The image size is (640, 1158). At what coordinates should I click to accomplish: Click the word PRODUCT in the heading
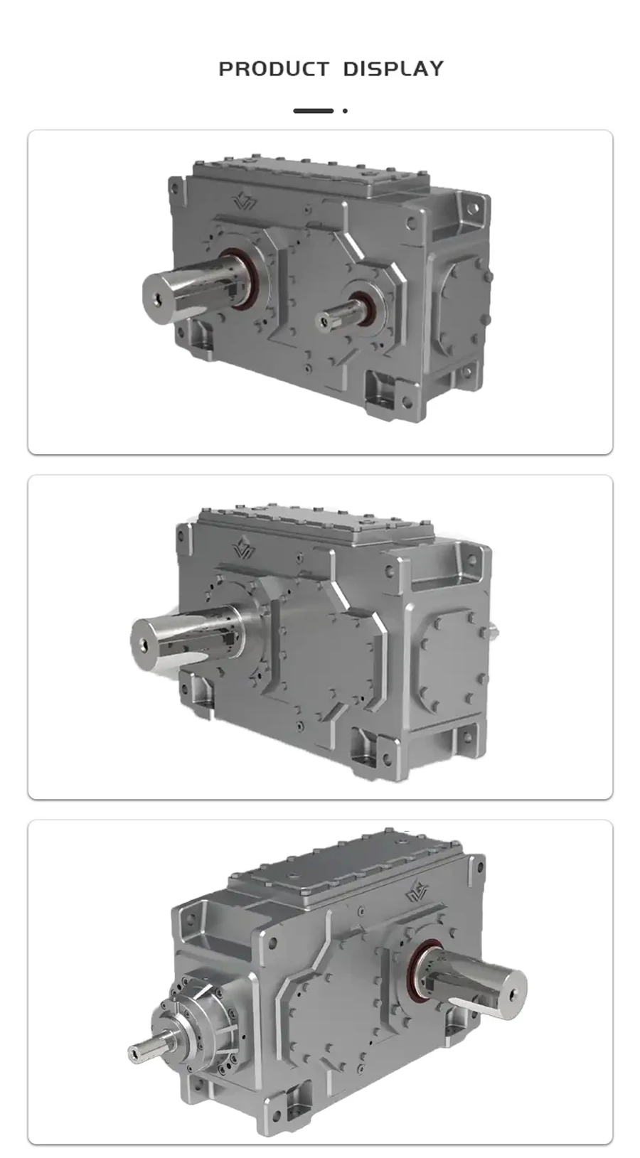point(273,69)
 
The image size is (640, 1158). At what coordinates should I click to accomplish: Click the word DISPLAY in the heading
point(393,69)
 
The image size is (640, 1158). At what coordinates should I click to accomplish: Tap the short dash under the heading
point(313,111)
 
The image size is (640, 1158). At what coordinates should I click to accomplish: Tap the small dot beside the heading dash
point(345,111)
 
